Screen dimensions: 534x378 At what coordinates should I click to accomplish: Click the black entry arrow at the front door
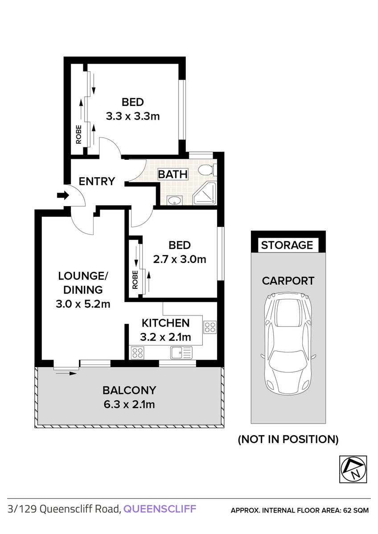62,195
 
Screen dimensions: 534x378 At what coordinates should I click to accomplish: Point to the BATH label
173,174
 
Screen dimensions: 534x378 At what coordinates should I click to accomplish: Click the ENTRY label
97,182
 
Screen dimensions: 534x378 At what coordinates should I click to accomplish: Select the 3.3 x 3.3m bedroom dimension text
133,117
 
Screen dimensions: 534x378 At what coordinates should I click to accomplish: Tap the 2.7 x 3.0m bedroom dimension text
179,259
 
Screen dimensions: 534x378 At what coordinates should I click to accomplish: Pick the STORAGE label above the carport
287,245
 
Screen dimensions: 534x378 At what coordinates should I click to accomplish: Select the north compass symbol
353,469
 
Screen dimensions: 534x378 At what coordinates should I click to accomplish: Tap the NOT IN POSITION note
288,440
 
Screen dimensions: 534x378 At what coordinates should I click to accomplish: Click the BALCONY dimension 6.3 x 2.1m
129,405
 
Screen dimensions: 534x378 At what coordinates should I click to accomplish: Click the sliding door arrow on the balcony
67,374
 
